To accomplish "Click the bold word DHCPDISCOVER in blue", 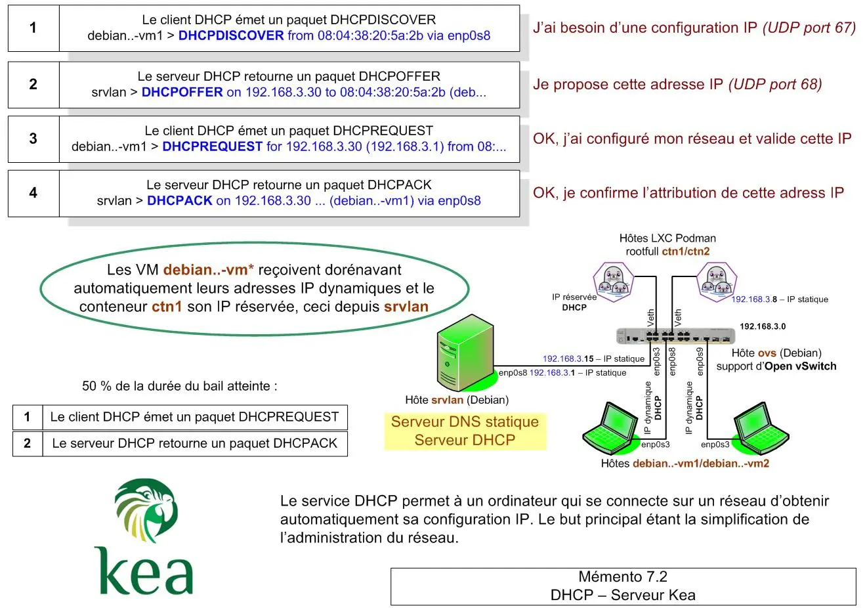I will click(231, 36).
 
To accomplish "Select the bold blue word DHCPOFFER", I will click(182, 93).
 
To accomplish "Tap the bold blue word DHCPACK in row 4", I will click(179, 201).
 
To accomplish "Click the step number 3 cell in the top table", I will click(33, 139).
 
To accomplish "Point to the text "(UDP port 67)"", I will click(809, 28).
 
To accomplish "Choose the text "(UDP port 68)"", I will click(775, 84).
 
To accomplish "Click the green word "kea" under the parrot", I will click(144, 571).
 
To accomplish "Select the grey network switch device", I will click(675, 336).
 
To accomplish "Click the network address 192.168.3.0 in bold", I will click(762, 326).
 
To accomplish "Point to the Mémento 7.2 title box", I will click(623, 586).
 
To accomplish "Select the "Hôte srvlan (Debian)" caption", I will click(456, 400).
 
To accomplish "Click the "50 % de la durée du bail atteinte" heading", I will click(179, 386).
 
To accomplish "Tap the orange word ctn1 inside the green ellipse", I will click(167, 307).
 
